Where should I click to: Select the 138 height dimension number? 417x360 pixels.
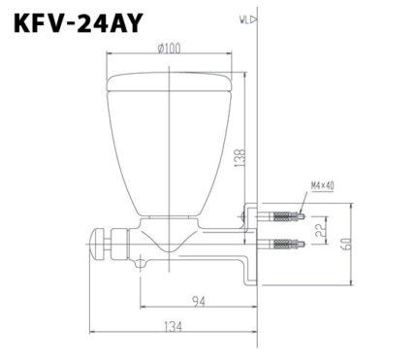(240, 149)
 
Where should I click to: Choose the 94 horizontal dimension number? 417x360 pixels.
(199, 300)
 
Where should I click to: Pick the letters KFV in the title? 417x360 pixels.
(40, 22)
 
